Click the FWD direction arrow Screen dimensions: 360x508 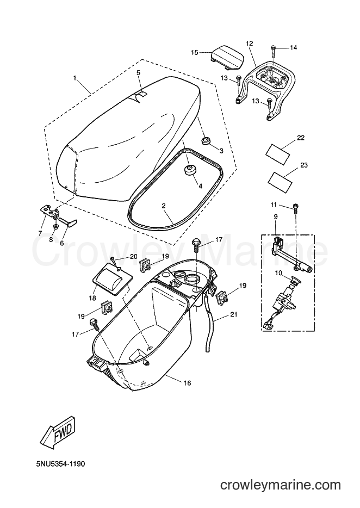coord(60,432)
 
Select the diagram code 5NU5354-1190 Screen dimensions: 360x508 coord(60,464)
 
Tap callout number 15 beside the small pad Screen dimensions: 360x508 coord(195,52)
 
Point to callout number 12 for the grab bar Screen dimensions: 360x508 coord(250,43)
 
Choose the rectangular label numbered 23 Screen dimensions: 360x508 coord(281,181)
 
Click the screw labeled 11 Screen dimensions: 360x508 coord(295,207)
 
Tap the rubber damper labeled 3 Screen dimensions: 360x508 coord(206,141)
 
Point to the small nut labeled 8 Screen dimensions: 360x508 coord(55,226)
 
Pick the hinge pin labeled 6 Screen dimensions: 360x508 coord(68,222)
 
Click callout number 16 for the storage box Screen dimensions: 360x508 coord(187,383)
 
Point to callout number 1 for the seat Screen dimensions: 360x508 coord(75,78)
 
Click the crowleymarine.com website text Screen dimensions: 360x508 coord(281,485)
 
